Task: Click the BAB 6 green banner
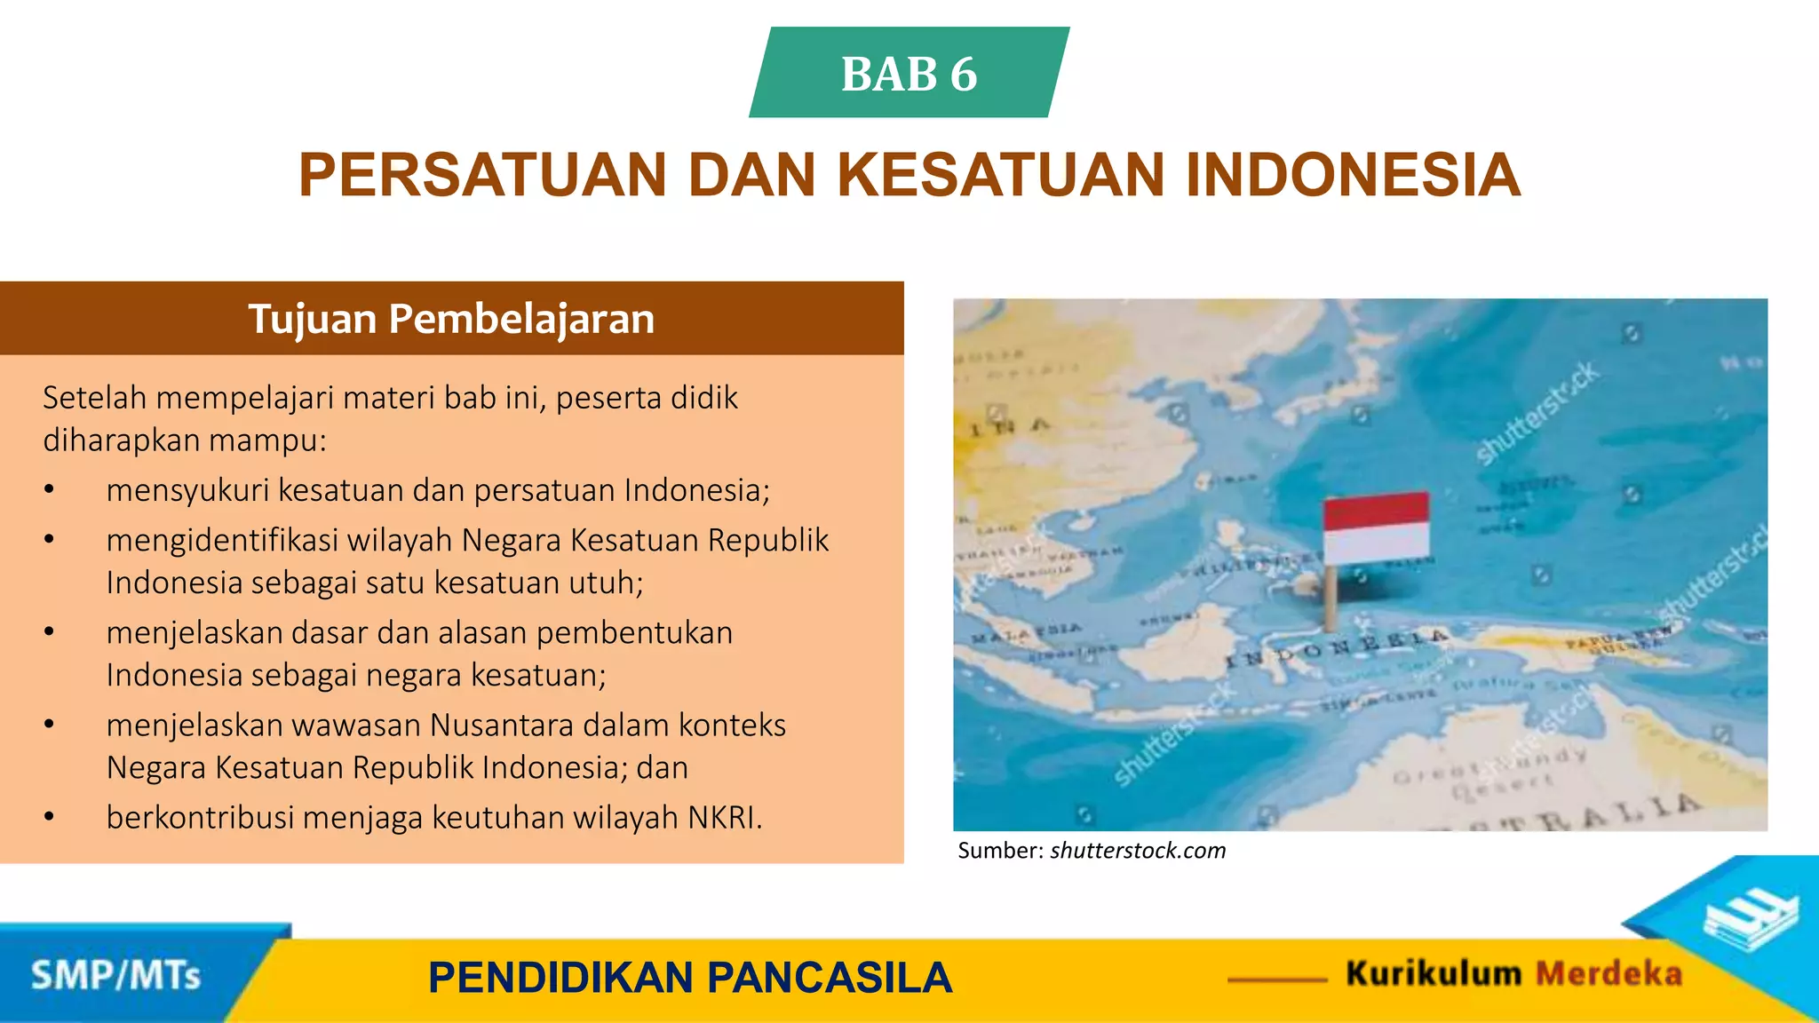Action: (909, 73)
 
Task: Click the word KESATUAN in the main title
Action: (999, 175)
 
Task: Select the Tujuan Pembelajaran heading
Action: (451, 319)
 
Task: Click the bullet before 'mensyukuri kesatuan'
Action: (50, 490)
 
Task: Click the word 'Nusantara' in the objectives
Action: (502, 726)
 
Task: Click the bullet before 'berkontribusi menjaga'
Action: (50, 817)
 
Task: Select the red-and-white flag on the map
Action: (1376, 528)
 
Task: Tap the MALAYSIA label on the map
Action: (1027, 633)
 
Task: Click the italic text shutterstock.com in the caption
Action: (1138, 851)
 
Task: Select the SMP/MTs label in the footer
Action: (115, 975)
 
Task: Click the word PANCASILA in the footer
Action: (830, 978)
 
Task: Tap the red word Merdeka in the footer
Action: (1609, 974)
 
